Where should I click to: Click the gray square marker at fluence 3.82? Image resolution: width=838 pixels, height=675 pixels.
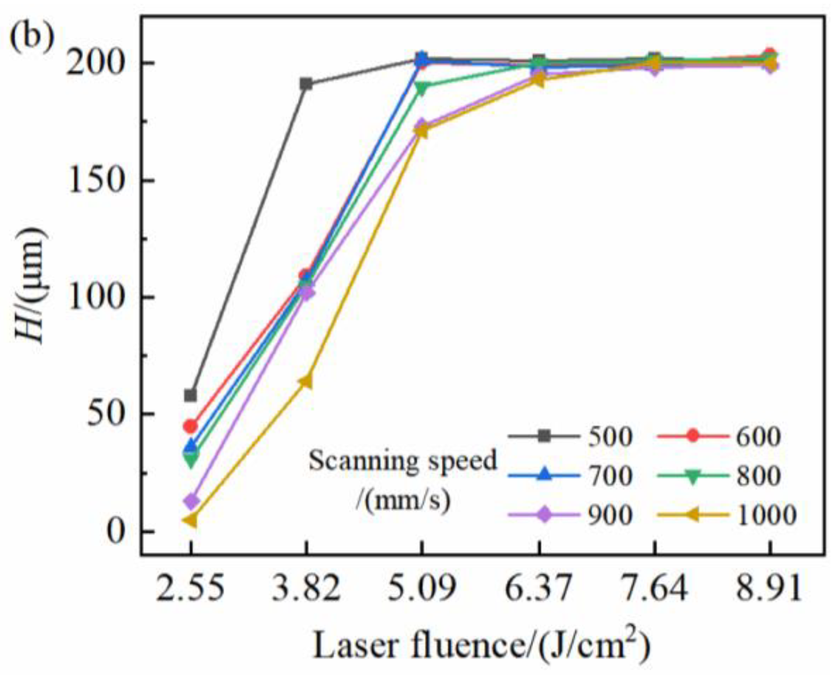(306, 85)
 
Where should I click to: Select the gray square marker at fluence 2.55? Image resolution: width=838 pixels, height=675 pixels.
(190, 395)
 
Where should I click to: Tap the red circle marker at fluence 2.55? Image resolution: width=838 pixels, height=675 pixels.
(190, 427)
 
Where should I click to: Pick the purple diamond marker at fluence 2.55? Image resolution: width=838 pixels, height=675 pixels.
(191, 501)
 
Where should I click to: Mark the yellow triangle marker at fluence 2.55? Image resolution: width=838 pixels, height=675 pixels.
(190, 520)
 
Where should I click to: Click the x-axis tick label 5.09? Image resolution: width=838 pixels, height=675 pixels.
(421, 588)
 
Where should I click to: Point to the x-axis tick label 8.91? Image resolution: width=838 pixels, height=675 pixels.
(769, 588)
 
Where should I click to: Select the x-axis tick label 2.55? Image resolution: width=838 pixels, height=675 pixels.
(190, 588)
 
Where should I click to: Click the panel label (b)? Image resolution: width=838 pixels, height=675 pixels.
(32, 38)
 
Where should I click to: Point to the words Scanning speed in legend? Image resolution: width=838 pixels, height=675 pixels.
(403, 460)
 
